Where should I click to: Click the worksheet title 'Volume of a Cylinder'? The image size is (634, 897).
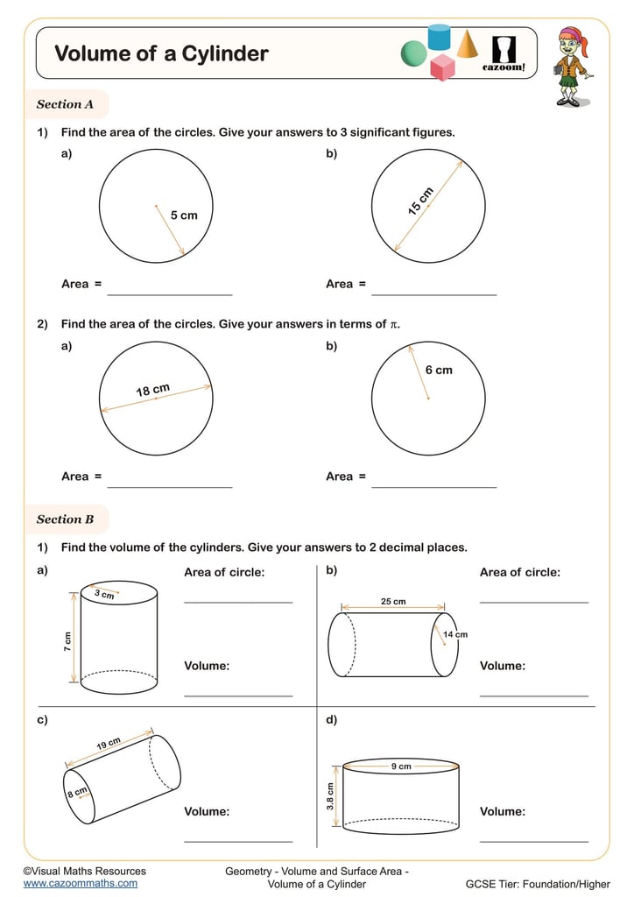click(161, 53)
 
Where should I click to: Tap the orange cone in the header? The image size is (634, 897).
click(467, 43)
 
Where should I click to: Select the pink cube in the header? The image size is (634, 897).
click(443, 67)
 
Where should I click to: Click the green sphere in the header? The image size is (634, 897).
click(413, 54)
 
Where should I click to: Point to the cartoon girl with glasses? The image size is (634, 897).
click(571, 66)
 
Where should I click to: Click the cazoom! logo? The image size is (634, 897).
click(504, 53)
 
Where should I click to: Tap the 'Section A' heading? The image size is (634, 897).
click(65, 104)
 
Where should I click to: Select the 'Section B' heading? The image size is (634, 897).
click(65, 519)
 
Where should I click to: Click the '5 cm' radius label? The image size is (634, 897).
click(184, 215)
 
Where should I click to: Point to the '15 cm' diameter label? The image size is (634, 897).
click(420, 201)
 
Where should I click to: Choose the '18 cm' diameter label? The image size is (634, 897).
click(152, 390)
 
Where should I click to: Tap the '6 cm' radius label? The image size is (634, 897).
click(439, 370)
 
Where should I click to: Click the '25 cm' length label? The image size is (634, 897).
click(393, 602)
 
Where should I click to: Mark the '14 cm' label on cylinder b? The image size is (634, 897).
click(455, 634)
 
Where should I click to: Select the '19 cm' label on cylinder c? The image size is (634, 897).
click(108, 744)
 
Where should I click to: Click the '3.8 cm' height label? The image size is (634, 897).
click(331, 796)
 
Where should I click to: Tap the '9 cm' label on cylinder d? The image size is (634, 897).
click(401, 766)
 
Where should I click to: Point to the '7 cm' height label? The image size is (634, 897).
click(67, 641)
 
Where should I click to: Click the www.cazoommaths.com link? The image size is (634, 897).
click(80, 883)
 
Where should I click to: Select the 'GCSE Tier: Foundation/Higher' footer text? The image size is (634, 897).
click(538, 883)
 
